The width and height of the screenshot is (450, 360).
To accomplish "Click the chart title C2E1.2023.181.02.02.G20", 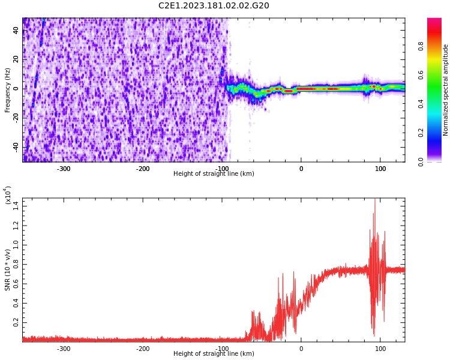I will (x=214, y=6).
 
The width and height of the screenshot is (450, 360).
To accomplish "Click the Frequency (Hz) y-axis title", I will (x=8, y=90).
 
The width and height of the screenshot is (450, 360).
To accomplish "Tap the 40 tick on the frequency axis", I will (x=16, y=30).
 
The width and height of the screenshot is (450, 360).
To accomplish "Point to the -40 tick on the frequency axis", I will (x=14, y=147).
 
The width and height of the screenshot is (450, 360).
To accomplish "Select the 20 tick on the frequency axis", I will (x=16, y=59).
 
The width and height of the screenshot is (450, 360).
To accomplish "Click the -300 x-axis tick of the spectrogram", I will (x=64, y=169).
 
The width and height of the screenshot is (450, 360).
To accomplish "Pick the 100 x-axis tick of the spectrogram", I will (x=380, y=169).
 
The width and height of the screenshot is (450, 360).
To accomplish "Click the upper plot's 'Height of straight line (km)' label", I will (x=214, y=174).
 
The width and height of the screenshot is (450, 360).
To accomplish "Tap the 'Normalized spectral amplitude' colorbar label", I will (x=446, y=90).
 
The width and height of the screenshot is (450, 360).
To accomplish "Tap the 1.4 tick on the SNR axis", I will (x=16, y=206).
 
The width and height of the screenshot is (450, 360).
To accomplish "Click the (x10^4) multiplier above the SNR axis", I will (x=8, y=195).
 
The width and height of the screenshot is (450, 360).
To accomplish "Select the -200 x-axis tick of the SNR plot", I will (x=143, y=349).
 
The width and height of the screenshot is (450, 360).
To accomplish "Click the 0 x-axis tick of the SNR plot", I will (x=301, y=349).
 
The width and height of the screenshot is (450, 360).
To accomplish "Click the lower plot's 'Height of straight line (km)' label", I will (x=214, y=354).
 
